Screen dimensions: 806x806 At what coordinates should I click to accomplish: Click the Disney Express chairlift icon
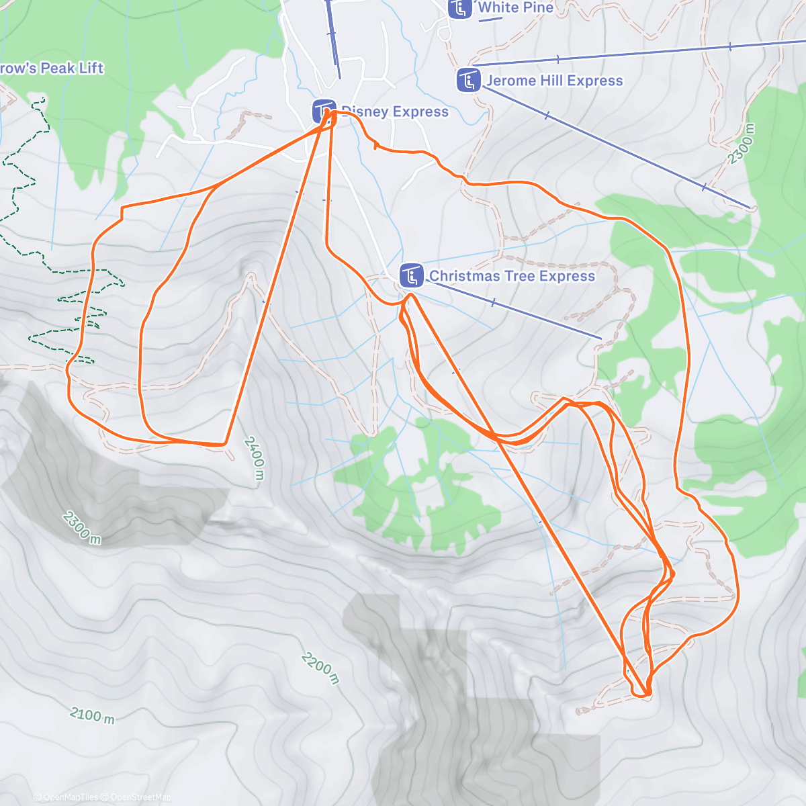(x=324, y=111)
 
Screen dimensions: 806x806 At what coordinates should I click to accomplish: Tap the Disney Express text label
(x=395, y=112)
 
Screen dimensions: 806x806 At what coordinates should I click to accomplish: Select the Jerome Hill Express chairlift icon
(x=468, y=81)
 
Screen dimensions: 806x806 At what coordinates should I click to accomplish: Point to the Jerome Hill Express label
(x=555, y=81)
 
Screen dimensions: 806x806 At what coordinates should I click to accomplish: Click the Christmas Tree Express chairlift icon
(x=411, y=275)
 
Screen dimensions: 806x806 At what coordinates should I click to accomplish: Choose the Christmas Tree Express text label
(x=512, y=276)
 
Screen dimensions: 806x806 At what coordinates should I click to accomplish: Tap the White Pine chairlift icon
(x=460, y=9)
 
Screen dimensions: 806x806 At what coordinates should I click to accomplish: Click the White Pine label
(x=516, y=8)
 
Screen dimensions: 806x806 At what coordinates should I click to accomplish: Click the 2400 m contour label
(x=254, y=458)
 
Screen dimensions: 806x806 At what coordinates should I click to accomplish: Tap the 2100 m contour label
(x=93, y=715)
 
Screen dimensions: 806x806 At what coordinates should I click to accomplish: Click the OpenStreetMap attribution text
(x=140, y=797)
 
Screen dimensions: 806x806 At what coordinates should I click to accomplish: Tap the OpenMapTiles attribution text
(x=70, y=797)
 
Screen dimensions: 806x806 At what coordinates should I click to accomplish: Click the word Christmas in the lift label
(x=461, y=276)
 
